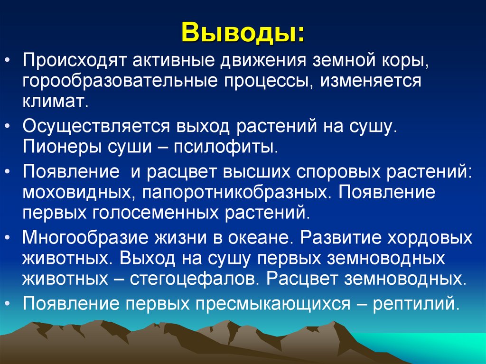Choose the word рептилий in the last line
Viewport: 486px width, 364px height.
[416, 303]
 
